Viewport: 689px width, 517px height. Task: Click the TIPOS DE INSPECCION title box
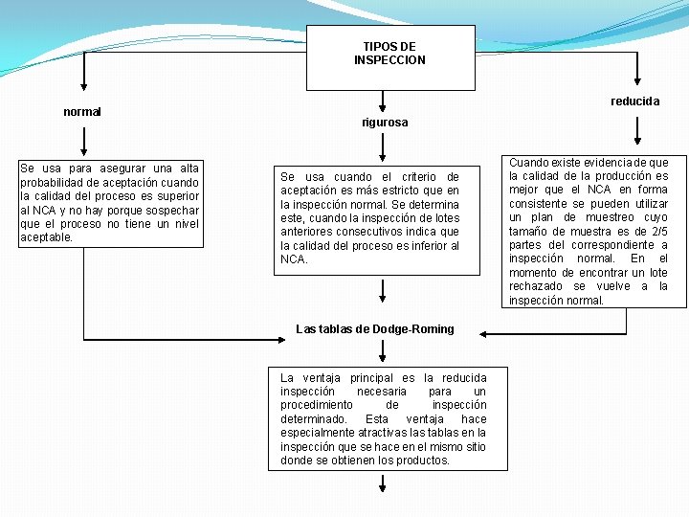(389, 54)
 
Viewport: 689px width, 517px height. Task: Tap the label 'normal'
(82, 112)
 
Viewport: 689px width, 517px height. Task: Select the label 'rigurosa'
(385, 123)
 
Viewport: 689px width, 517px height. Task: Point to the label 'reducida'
(635, 101)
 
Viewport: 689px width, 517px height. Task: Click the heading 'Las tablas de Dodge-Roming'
(375, 329)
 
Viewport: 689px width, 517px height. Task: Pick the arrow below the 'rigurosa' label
(383, 146)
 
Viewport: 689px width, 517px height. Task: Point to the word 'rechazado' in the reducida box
(536, 286)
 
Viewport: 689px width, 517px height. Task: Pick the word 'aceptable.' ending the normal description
(47, 237)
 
